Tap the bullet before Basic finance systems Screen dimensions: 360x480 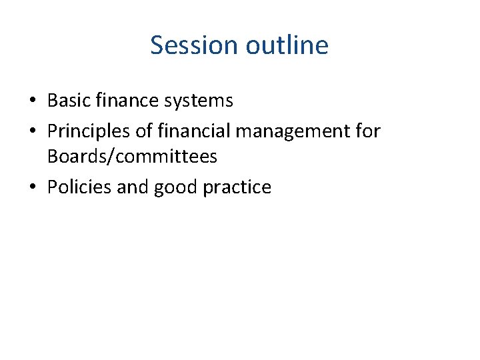coord(33,101)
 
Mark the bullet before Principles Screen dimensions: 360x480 coord(33,131)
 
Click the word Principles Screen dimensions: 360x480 coord(84,131)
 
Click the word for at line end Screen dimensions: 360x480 coord(367,131)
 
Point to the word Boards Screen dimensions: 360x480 coord(73,156)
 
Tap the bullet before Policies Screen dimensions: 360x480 coord(33,187)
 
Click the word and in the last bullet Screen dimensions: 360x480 coord(133,187)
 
